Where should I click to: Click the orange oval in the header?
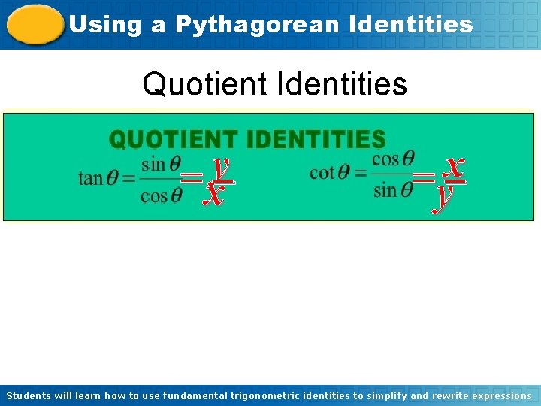pos(35,25)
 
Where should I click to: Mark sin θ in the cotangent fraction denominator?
pos(393,190)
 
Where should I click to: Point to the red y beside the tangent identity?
pos(220,167)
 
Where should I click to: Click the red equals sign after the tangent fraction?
pos(192,179)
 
